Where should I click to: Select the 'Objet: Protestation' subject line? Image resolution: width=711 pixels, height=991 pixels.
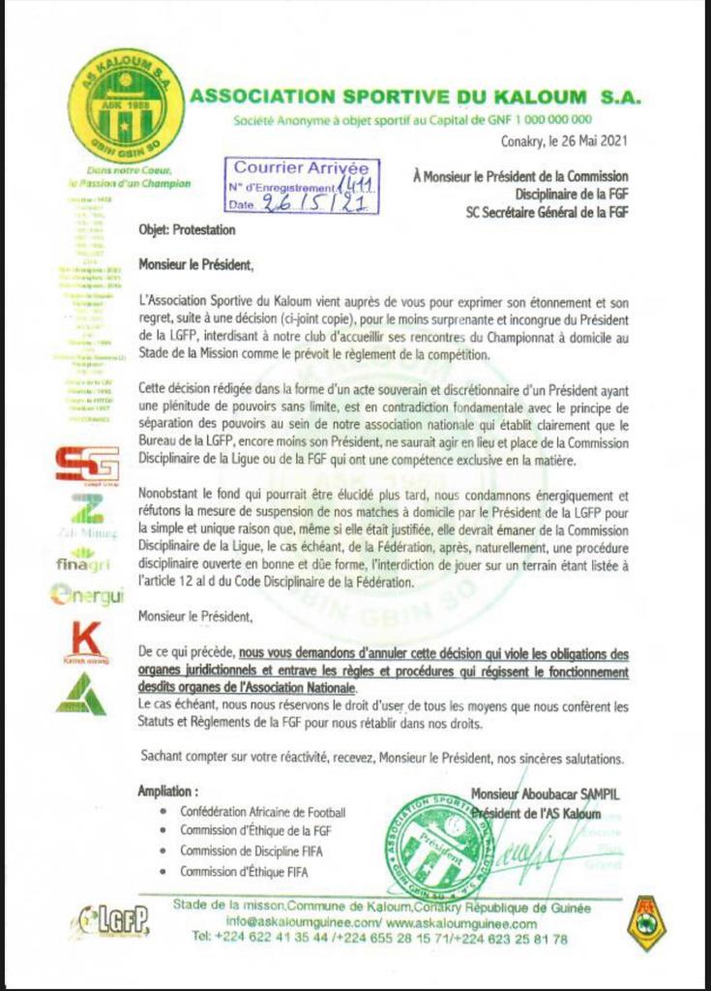[187, 231]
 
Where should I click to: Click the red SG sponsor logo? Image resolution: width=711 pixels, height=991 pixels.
[87, 463]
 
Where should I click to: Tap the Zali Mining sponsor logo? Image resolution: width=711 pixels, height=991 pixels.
[87, 513]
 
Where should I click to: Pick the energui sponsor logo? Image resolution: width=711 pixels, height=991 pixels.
[87, 595]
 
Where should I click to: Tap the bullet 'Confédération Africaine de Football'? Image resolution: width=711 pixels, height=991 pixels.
[262, 812]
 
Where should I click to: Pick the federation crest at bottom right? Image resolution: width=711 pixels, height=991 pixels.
[645, 922]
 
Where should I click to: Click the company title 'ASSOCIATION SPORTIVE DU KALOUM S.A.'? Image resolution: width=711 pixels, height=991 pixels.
[416, 97]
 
